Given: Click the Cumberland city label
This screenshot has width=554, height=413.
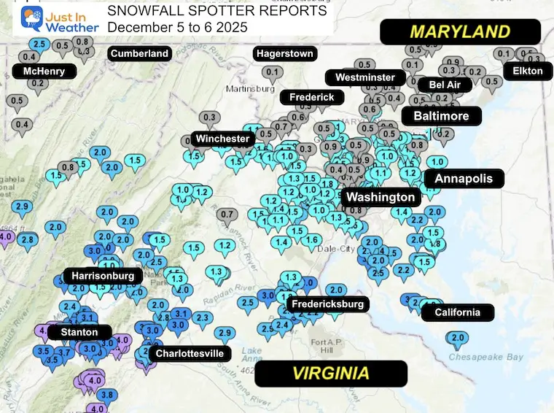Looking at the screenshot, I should (138, 53).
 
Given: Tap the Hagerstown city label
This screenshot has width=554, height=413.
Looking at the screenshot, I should (284, 54).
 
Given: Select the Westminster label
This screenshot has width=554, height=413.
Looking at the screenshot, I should (365, 77).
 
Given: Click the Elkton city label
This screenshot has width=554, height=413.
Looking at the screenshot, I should (528, 71).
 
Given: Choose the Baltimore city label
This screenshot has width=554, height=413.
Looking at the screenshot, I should (441, 115).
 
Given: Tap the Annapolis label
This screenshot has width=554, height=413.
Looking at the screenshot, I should (464, 178).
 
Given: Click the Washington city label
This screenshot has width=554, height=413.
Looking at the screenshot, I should (381, 197).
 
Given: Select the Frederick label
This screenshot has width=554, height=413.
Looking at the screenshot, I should (311, 97).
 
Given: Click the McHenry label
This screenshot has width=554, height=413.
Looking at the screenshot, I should (44, 72).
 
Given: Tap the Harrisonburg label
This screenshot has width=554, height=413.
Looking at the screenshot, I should (103, 276).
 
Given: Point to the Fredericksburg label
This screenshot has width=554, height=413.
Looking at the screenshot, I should (327, 304).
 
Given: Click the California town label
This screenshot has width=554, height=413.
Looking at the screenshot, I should (458, 312).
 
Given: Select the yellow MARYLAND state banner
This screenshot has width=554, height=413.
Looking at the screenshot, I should (460, 31).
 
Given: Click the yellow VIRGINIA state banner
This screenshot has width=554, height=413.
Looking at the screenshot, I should (330, 373).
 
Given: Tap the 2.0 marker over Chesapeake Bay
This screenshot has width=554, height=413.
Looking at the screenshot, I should (458, 339).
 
